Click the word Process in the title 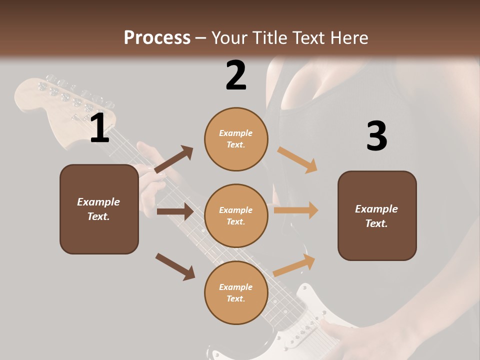pos(157,38)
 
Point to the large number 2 pos(236,75)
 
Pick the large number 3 pos(376,136)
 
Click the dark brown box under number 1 pos(99,209)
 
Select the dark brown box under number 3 pos(377,215)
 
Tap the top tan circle pos(236,139)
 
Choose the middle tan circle pos(236,215)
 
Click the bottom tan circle pos(236,292)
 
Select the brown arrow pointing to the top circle pos(174,159)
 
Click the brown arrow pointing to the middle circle pos(175,211)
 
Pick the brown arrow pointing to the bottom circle pos(175,266)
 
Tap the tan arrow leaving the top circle pos(298,160)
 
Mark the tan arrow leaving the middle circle pos(296,210)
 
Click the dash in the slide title pos(201,38)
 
